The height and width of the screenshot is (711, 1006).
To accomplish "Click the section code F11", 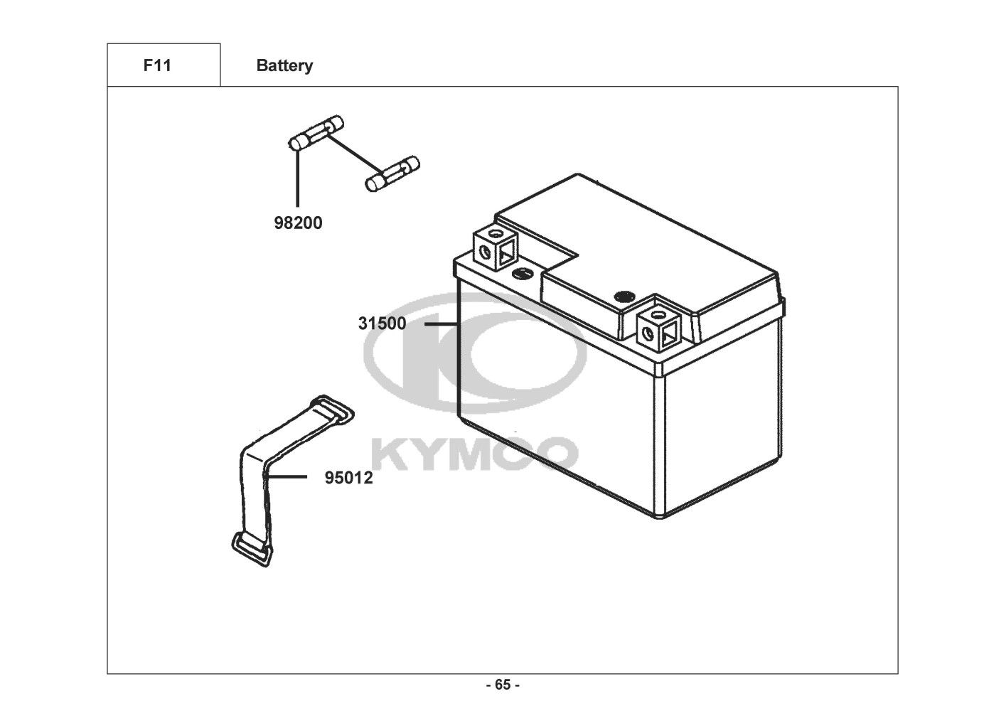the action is tap(157, 65).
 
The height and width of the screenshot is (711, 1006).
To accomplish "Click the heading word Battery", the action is tap(284, 65).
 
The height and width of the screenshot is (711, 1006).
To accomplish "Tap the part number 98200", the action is tap(298, 223).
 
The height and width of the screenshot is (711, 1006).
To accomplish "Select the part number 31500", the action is tap(382, 324).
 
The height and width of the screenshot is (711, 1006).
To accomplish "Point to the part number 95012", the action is tap(348, 478).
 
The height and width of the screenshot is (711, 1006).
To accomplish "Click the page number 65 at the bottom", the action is tap(502, 685).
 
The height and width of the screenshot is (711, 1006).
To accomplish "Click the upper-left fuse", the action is tap(316, 133).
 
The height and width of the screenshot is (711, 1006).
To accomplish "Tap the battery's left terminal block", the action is tap(496, 248).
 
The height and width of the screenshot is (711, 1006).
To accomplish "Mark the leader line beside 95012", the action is tap(287, 477).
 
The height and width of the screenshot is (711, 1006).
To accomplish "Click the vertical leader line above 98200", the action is tap(298, 178).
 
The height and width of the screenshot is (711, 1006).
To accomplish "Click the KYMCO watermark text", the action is tap(475, 453).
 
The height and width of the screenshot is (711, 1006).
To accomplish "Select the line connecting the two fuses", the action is tap(354, 154).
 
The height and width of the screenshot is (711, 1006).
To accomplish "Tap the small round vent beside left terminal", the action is tap(523, 272).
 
